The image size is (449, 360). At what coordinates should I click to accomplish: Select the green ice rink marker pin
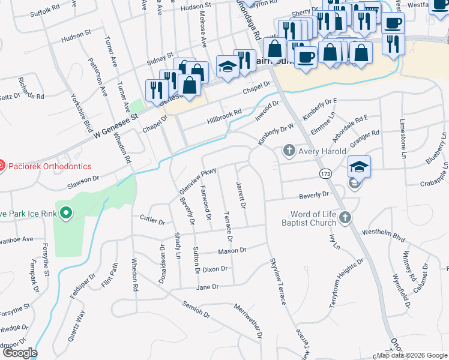tap(66, 212)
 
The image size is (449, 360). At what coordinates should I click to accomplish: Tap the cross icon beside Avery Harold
tap(289, 151)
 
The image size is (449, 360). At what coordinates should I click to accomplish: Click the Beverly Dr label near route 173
tap(315, 194)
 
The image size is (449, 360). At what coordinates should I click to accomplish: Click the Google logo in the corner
tap(20, 353)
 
